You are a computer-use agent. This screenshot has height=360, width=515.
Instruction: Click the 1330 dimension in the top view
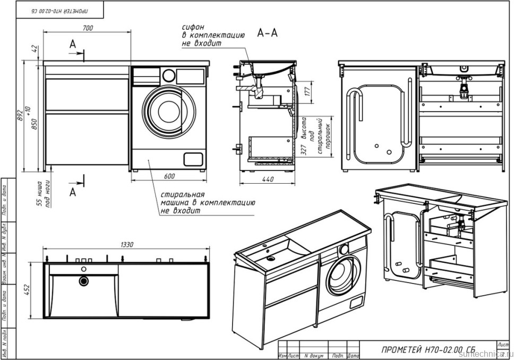(126, 244)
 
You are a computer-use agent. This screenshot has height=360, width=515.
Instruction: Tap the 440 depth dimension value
(268, 179)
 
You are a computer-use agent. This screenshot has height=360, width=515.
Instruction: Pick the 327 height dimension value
(304, 151)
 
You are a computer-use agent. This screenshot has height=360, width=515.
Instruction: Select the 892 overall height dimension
(20, 116)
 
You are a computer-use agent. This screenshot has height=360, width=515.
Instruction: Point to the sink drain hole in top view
(83, 281)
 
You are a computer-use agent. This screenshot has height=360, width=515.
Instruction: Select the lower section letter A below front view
(73, 192)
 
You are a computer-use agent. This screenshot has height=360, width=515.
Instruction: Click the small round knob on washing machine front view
(168, 75)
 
